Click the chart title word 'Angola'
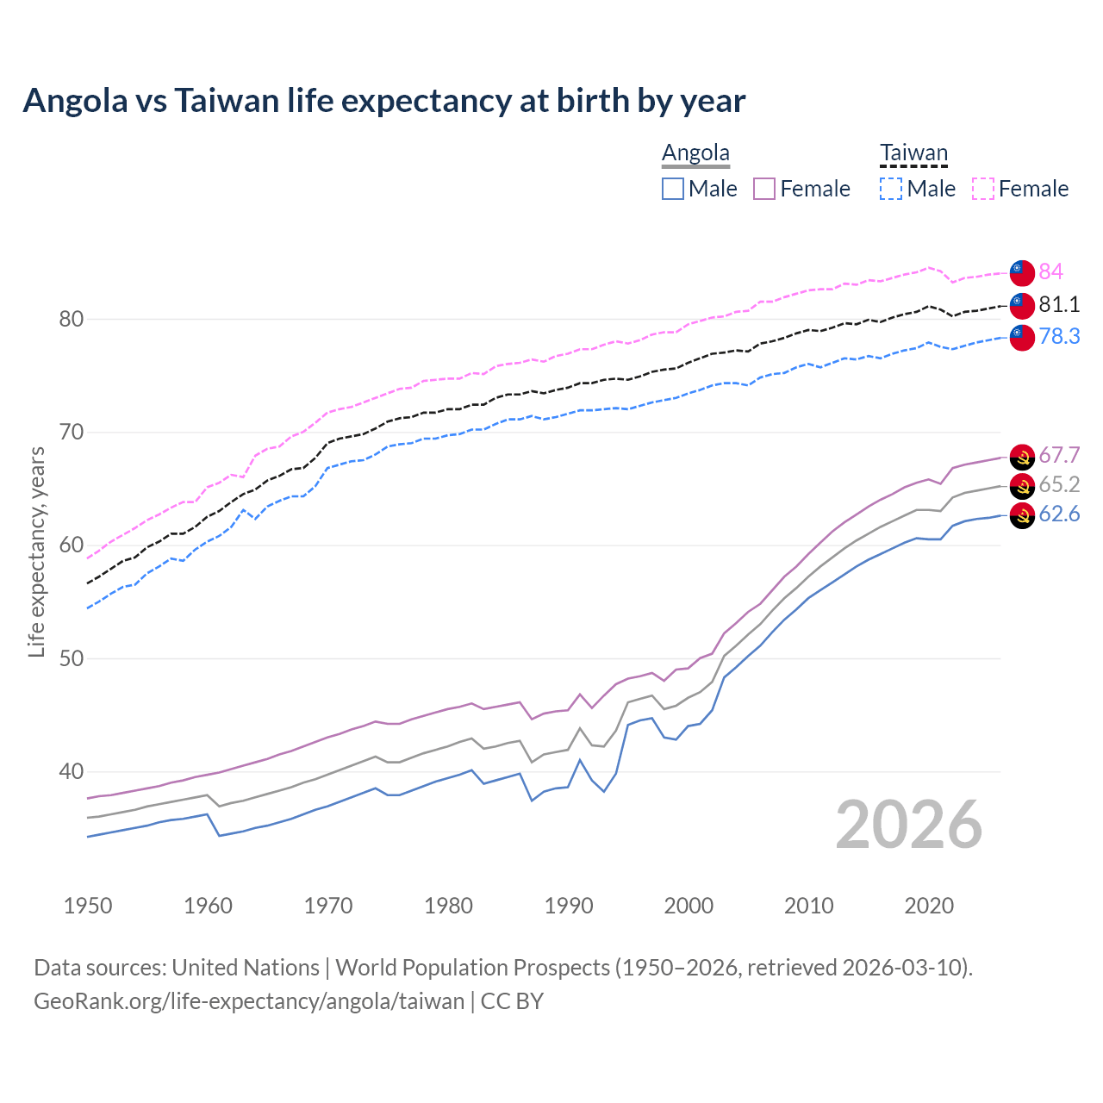[x=76, y=101]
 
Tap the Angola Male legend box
[x=673, y=189]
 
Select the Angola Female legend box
[x=764, y=189]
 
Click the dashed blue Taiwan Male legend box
[x=891, y=189]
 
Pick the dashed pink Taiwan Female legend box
[x=983, y=189]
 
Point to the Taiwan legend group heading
[x=913, y=153]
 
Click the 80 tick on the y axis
[x=71, y=319]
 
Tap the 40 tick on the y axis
[x=71, y=771]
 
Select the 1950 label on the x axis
[x=88, y=906]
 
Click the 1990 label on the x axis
[x=569, y=906]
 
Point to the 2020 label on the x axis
[x=929, y=906]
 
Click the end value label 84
[x=1050, y=271]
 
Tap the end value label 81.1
[x=1058, y=304]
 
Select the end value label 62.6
[x=1058, y=514]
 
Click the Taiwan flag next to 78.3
[x=1022, y=337]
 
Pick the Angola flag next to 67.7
[x=1022, y=457]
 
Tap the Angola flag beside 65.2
[x=1022, y=486]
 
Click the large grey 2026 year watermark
[x=908, y=825]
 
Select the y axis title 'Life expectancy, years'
[x=36, y=551]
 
